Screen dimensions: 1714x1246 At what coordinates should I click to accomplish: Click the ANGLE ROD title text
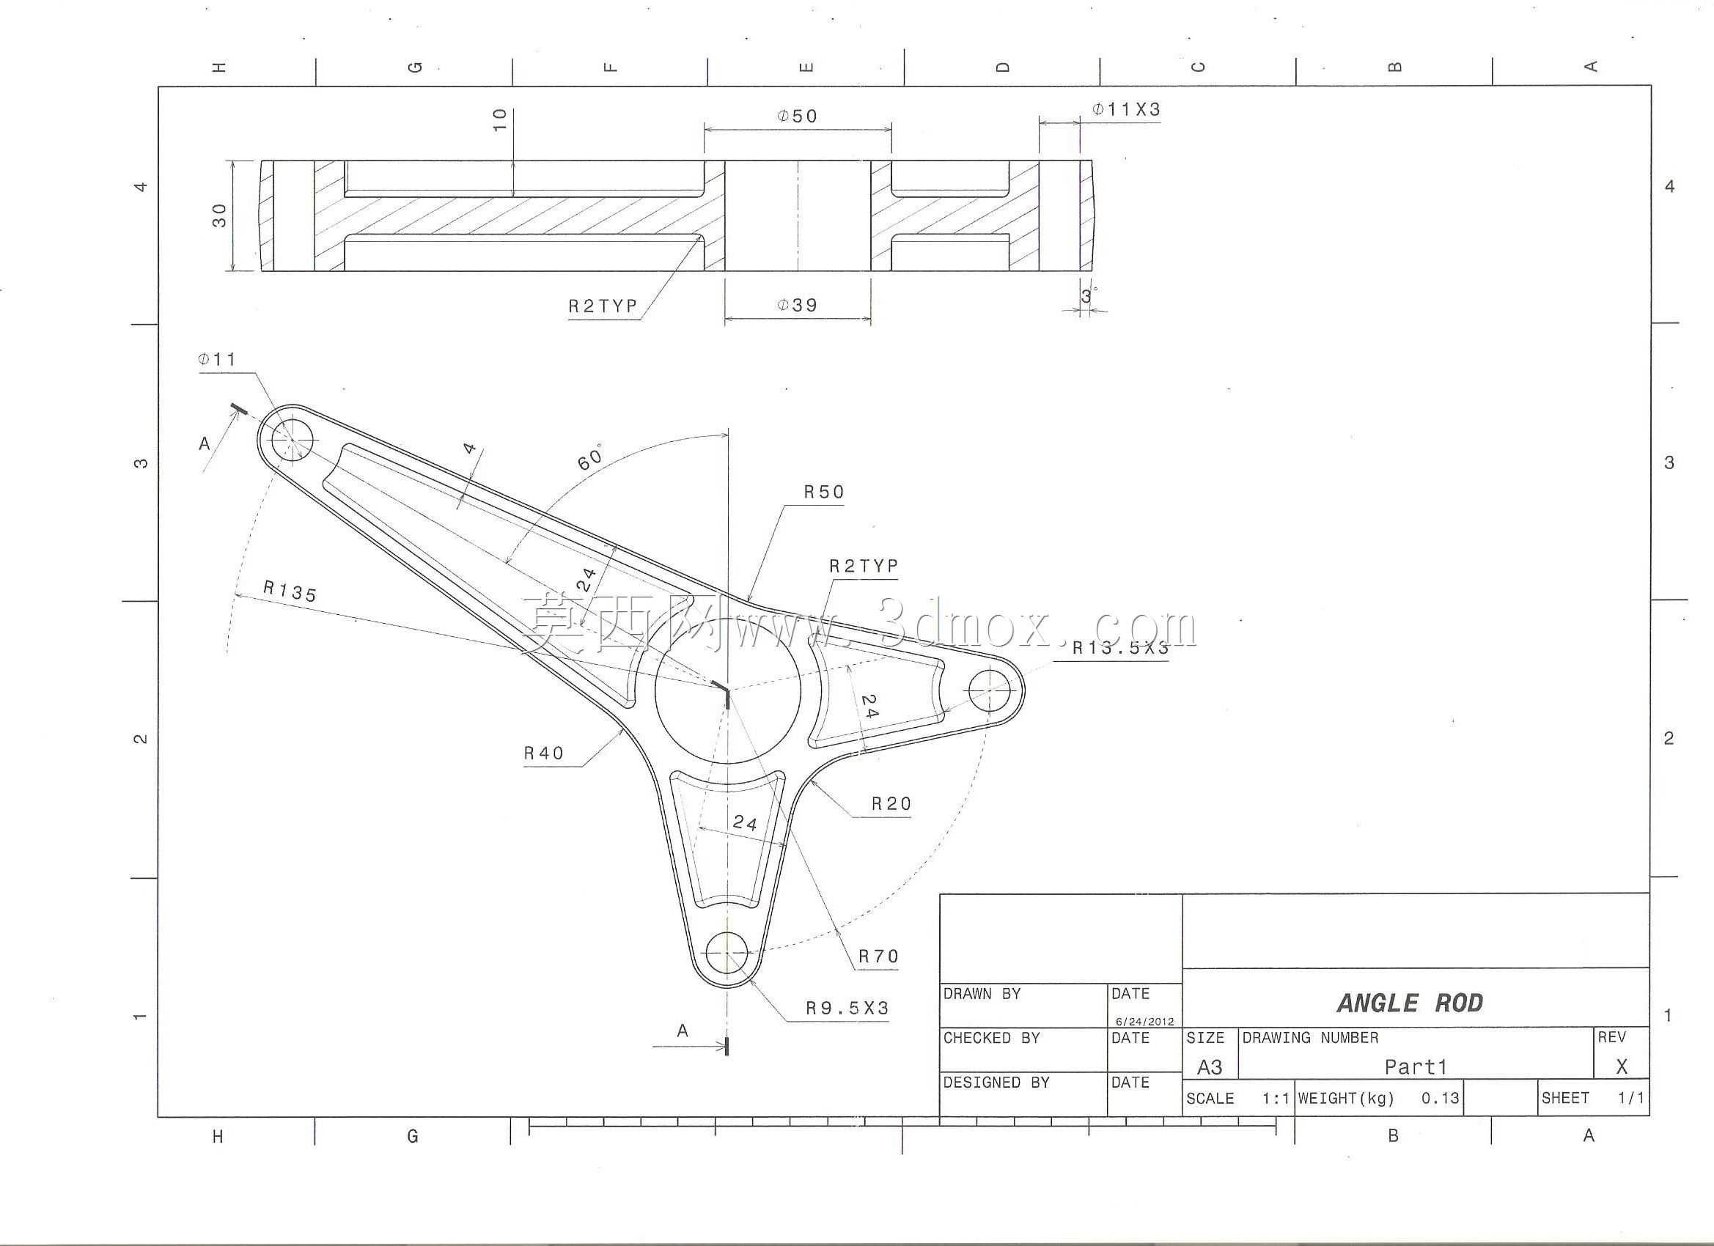tap(1410, 1003)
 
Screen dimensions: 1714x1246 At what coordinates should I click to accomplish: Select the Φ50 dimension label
tap(798, 116)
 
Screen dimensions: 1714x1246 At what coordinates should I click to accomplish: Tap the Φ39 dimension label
tap(798, 304)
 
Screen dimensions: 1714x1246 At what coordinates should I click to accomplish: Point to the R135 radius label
tap(290, 591)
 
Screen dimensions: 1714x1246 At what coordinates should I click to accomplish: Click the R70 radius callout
tap(878, 956)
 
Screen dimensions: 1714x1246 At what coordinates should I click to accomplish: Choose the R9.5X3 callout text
tap(847, 1008)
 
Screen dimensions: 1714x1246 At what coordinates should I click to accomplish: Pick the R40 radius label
tap(543, 753)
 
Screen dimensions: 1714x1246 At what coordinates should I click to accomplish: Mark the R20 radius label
tap(891, 803)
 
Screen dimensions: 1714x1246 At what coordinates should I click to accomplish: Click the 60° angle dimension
tap(591, 457)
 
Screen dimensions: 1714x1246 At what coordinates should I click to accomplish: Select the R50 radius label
tap(824, 492)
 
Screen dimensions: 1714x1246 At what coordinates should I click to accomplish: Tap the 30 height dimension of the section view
tap(220, 215)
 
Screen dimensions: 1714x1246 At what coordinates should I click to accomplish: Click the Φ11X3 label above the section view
tap(1126, 108)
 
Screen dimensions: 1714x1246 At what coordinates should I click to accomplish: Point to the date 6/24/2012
tap(1145, 1022)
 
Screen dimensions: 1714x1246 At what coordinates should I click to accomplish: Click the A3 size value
tap(1209, 1067)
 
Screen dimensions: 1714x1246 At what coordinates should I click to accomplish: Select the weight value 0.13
tap(1441, 1098)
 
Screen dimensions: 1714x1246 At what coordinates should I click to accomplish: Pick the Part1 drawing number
tap(1416, 1067)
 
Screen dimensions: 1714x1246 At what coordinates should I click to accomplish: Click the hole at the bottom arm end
tap(727, 953)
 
